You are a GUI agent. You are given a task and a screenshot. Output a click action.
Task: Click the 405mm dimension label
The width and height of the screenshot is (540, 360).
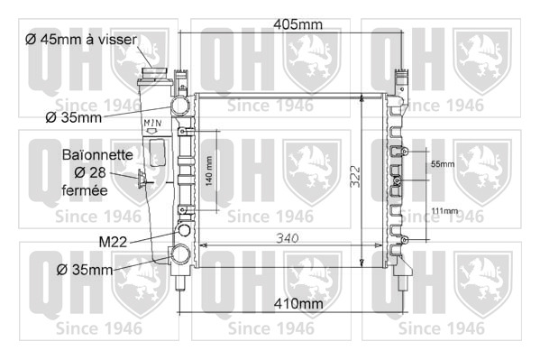coord(297,24)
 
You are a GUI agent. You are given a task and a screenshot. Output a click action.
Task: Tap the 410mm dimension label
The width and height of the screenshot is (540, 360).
coord(298,304)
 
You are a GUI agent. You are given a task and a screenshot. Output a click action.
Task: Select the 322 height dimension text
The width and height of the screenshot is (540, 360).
coord(355,177)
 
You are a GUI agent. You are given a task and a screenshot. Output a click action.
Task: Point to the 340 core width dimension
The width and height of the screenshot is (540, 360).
coord(288,238)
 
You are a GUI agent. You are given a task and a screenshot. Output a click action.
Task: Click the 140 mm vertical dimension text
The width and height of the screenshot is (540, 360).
coord(209,171)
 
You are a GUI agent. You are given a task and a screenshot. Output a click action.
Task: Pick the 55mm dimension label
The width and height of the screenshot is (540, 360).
coord(443,164)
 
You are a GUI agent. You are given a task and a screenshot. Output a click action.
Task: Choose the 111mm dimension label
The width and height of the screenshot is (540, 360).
coord(445,210)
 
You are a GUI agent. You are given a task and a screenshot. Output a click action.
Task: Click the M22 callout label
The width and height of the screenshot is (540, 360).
coord(113,242)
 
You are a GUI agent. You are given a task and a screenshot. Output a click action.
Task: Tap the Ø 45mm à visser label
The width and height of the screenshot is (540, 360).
coord(81,40)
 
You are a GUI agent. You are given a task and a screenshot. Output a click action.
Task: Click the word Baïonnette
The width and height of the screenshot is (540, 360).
coord(97,155)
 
